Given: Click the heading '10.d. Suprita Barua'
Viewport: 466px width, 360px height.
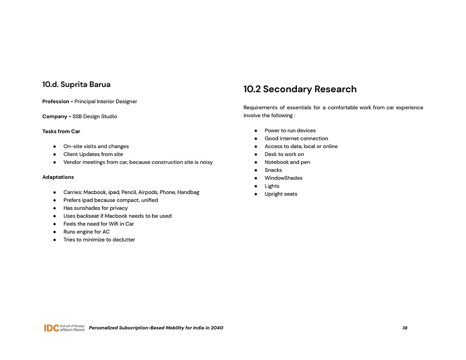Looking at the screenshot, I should (x=76, y=85).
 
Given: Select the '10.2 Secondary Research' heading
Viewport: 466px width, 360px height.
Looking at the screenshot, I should (x=300, y=89).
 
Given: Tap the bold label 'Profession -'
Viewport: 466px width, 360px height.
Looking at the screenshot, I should (x=57, y=102).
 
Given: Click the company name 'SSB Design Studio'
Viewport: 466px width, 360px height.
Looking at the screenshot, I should (x=95, y=116).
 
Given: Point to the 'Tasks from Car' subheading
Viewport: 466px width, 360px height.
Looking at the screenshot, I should (x=61, y=131).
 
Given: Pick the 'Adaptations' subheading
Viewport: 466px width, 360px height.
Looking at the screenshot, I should (x=58, y=177).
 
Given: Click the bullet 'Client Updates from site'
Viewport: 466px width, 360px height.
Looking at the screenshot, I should (x=93, y=154).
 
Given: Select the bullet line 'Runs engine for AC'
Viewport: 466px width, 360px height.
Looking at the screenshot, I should (x=87, y=232).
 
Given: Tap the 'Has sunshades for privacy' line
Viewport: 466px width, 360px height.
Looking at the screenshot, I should (x=96, y=208).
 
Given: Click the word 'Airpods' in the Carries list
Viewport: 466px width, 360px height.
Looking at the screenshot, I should (x=149, y=192).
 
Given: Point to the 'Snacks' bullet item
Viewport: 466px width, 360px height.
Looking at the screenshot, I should (x=273, y=170).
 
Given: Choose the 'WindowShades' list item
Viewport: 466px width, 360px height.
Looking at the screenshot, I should (x=283, y=178).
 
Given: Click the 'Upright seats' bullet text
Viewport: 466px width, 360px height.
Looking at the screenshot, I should (x=281, y=194).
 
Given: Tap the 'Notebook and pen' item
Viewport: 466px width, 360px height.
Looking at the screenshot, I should (x=287, y=162).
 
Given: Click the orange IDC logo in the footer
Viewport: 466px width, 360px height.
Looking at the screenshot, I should (x=51, y=328).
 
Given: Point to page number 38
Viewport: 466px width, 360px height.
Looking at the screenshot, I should (x=404, y=328).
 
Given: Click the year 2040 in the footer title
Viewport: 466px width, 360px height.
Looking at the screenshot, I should (x=217, y=328).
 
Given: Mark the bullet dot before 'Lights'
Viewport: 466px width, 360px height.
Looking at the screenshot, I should (x=256, y=186).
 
